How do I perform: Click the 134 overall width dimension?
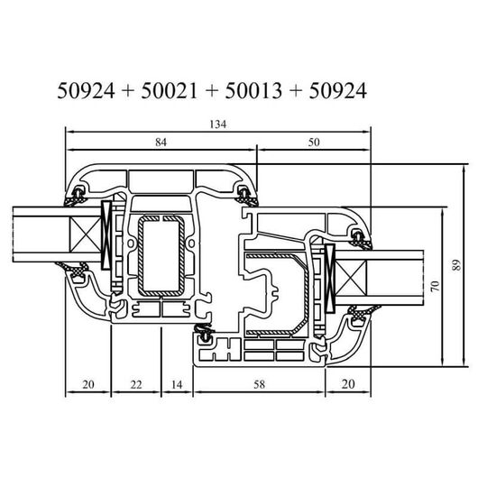click(218, 124)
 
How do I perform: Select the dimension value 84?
click(161, 142)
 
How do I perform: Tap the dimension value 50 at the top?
click(314, 142)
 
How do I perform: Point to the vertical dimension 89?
click(456, 264)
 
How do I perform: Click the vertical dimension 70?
click(436, 286)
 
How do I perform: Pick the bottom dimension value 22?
click(136, 384)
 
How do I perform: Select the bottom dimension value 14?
click(177, 384)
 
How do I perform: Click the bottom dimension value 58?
click(260, 384)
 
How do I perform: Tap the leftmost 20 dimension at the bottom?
click(88, 384)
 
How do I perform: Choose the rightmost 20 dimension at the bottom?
click(348, 384)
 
